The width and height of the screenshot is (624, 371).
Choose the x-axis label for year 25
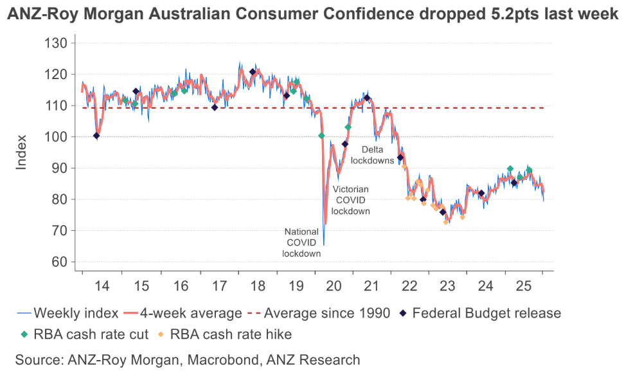coord(524,285)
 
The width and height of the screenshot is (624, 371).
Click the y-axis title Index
coord(22,152)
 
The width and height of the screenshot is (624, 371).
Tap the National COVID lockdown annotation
coord(301,242)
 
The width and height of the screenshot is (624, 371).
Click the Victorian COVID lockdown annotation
coord(351,200)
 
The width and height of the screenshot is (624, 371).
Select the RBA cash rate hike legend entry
coord(229,334)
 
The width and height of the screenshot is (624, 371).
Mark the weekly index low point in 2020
coord(324,244)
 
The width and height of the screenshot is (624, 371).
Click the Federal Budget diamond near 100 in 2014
coord(96,136)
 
